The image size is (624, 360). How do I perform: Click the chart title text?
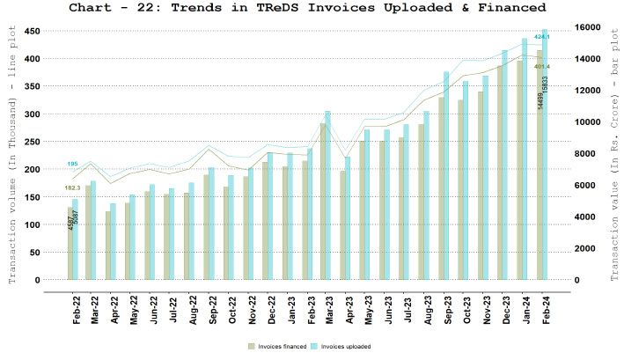click(x=312, y=8)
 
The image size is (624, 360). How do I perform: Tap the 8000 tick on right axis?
click(x=584, y=154)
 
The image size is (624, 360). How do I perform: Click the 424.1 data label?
click(x=541, y=37)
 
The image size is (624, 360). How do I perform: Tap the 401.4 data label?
click(x=541, y=66)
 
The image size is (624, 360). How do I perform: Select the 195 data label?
click(x=72, y=164)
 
